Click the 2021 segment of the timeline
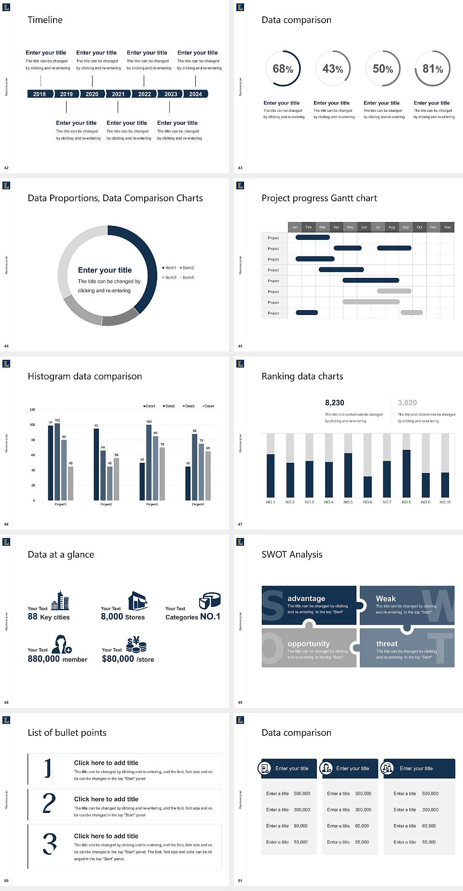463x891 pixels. coord(118,94)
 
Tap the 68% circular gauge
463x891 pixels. coord(283,68)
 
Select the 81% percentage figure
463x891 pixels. coord(433,69)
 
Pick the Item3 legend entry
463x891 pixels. coord(169,277)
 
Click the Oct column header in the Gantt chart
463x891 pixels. coord(420,227)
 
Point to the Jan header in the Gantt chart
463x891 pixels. coord(295,227)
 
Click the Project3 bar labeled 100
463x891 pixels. coord(149,462)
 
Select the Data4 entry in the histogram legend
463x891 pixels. coord(208,406)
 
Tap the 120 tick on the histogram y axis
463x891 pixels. coord(32,409)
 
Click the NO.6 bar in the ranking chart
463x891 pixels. coord(368,486)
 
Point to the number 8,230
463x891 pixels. coord(335,403)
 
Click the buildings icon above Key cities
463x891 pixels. coord(60,601)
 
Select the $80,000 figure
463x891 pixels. coord(118,659)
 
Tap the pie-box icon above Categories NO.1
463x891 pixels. coord(210,601)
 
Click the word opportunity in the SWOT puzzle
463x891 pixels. coord(309,643)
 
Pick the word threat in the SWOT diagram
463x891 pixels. coord(387,643)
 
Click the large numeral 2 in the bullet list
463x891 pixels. coord(49,803)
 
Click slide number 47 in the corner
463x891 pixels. coord(240,524)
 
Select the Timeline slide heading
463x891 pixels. coord(45,20)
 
